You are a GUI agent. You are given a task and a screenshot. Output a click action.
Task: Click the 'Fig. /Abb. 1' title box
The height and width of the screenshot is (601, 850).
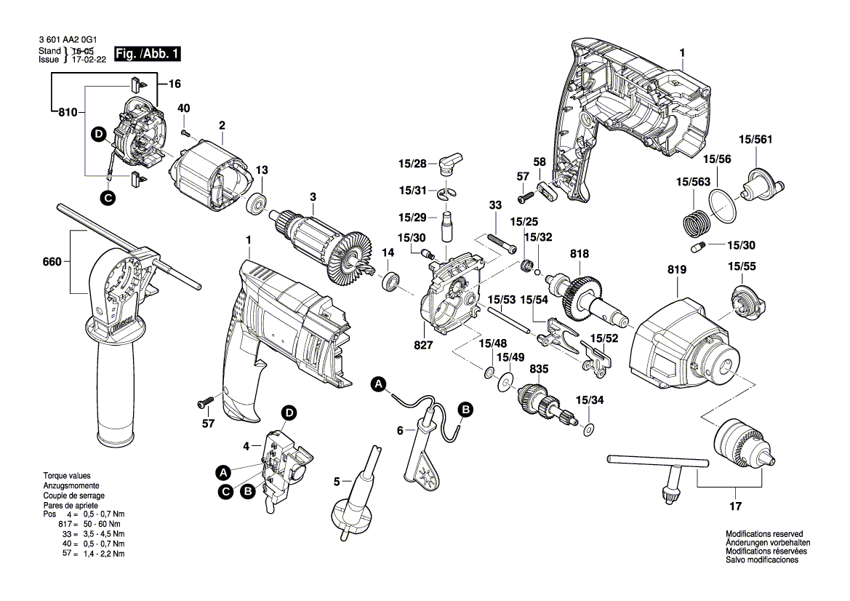[x=147, y=54]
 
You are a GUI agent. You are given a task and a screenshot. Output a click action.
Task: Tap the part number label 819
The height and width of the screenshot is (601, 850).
[x=676, y=270]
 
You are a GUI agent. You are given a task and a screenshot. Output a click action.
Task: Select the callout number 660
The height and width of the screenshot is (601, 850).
[x=52, y=262]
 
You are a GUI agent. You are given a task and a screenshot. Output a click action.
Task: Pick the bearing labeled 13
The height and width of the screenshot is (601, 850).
[x=256, y=203]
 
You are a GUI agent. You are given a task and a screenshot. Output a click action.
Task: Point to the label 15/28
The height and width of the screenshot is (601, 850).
[x=412, y=163]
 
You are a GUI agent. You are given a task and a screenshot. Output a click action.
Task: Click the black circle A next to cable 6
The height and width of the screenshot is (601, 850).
[x=379, y=384]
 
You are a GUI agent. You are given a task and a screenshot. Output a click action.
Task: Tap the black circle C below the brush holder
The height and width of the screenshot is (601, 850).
[x=108, y=199]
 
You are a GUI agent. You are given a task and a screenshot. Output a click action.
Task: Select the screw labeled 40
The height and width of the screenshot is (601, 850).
[x=186, y=131]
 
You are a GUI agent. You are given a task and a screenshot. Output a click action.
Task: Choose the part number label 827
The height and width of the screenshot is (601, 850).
[x=423, y=345]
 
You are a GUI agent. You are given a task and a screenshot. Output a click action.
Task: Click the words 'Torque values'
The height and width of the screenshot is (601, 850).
[x=67, y=476]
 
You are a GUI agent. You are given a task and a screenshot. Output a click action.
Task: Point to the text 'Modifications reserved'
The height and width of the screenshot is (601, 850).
[x=764, y=534]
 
